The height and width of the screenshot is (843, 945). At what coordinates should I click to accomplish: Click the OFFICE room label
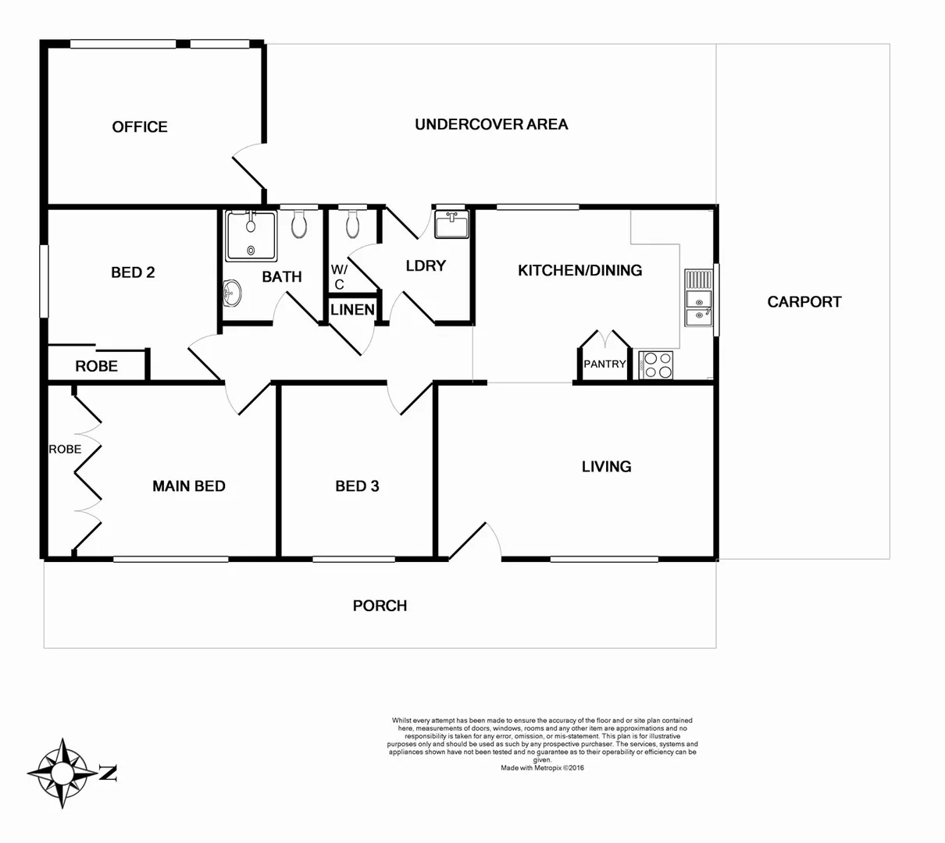click(140, 126)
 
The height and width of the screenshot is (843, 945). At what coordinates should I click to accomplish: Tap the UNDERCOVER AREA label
click(491, 124)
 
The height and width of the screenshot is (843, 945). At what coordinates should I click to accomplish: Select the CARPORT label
click(804, 301)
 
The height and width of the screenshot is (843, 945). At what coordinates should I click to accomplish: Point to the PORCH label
click(380, 606)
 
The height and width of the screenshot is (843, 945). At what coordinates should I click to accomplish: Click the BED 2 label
click(133, 272)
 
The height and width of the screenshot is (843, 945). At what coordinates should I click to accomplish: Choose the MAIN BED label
click(189, 486)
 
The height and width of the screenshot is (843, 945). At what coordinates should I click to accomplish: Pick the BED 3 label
click(357, 486)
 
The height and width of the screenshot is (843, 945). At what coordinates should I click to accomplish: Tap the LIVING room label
click(606, 467)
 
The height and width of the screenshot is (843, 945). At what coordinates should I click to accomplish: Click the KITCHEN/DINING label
click(579, 270)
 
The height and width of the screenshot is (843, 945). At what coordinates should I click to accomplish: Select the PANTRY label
click(604, 364)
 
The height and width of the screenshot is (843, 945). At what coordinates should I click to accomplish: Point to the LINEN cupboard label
click(352, 310)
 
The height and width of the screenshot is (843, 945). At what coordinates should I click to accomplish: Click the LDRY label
click(426, 265)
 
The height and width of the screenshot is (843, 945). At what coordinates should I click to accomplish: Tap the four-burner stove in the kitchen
click(655, 365)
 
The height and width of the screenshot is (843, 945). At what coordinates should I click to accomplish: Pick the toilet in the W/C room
click(352, 225)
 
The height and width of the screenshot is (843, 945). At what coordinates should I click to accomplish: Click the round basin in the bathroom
click(232, 293)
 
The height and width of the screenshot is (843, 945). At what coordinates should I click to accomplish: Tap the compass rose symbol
click(62, 773)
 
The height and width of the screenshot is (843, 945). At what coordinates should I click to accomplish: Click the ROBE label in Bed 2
click(97, 366)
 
